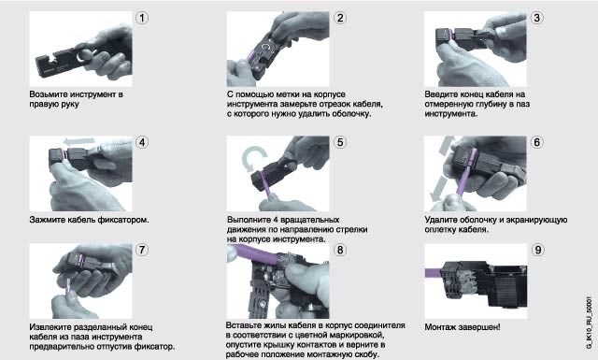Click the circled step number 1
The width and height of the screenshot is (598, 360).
coord(142,18)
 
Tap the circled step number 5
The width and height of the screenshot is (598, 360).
coord(340,142)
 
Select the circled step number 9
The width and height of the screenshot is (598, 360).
coord(537,250)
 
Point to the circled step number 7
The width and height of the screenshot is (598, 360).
coord(142,250)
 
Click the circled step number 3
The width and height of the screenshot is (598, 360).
coord(537,18)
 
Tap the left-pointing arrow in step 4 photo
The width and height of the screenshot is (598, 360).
coord(78,142)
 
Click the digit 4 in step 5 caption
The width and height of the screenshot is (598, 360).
coord(277,220)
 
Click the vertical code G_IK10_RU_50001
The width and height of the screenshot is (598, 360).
coord(590,323)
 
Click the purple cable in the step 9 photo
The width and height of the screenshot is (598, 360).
coord(434,273)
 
